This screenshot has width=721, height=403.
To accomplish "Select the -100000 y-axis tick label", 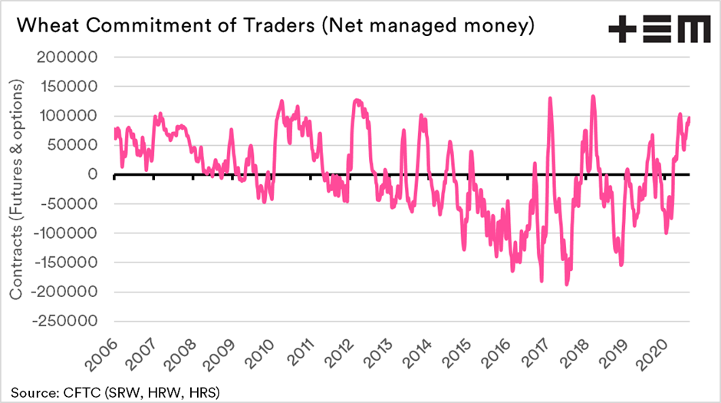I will point(67,233).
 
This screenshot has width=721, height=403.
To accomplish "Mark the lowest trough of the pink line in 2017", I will point(567,285).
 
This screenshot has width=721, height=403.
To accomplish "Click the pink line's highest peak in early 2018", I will point(593,97).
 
